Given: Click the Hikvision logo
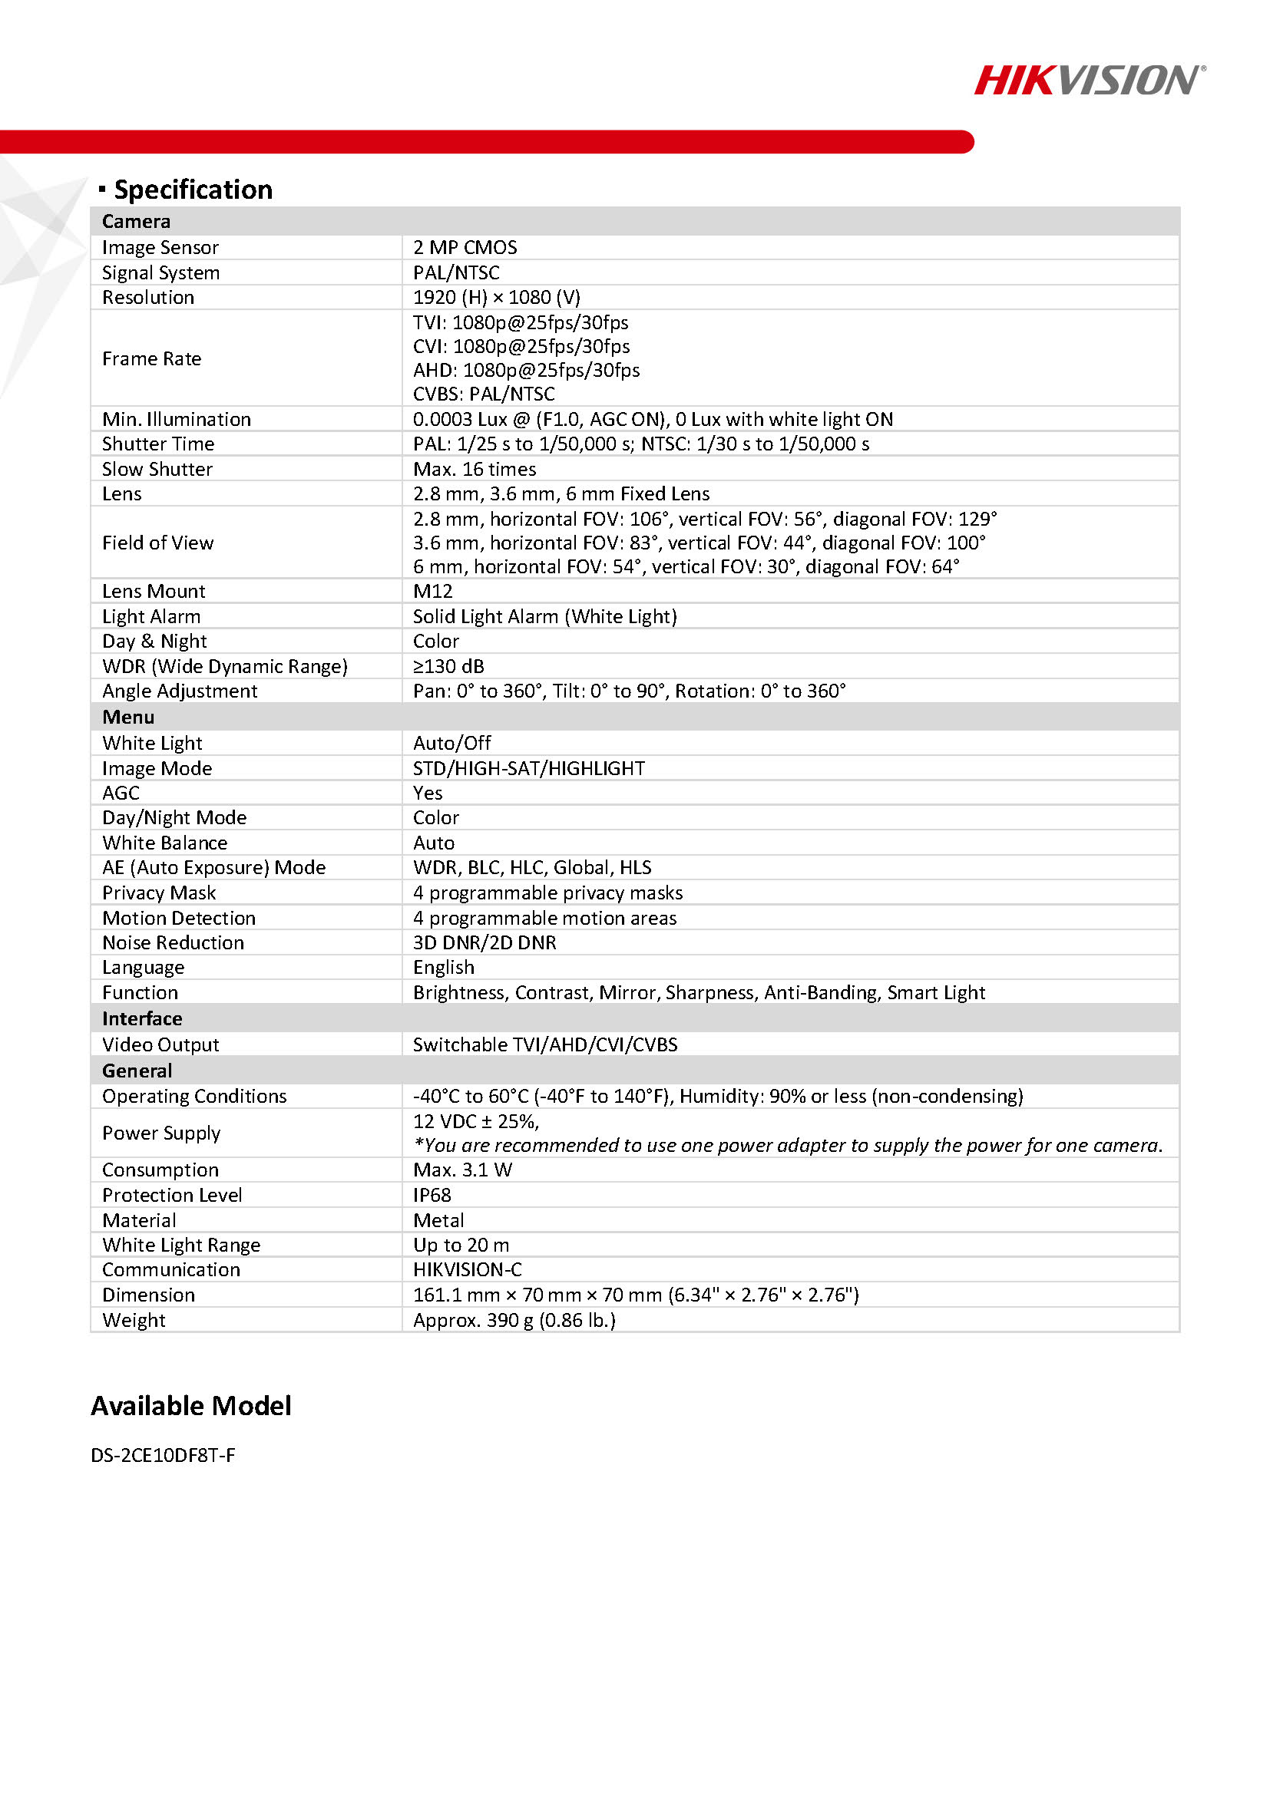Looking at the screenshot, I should click(x=1089, y=81).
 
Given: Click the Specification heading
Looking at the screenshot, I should click(x=193, y=190).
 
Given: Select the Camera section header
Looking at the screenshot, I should click(x=136, y=221).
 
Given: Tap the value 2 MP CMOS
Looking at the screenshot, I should click(x=465, y=247).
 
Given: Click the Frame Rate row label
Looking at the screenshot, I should click(x=152, y=358).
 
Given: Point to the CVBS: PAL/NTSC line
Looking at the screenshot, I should click(x=483, y=393).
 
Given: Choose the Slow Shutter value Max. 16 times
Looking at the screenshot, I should click(x=474, y=469).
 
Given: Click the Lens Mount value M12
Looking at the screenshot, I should click(x=432, y=591).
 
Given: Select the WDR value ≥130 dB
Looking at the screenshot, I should click(x=448, y=666).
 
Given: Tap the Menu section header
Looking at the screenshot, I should click(x=128, y=717).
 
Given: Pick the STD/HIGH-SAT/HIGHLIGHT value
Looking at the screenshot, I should click(x=528, y=768).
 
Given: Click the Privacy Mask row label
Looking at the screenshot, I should click(x=159, y=893).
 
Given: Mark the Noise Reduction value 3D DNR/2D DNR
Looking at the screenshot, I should click(x=484, y=943).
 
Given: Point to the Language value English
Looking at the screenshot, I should click(x=443, y=968).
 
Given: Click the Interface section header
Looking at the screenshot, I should click(x=141, y=1018).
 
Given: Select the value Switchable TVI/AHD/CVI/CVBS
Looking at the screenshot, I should click(x=545, y=1044).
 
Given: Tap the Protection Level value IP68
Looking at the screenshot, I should click(x=432, y=1195).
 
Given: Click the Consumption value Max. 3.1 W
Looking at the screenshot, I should click(x=462, y=1170).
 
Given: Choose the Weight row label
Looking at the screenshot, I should click(x=134, y=1320).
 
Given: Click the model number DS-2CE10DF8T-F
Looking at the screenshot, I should click(x=163, y=1455).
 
